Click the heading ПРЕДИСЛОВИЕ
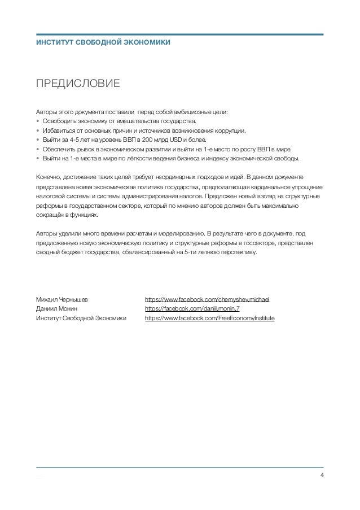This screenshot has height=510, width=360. click(x=77, y=85)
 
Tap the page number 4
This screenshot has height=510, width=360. click(x=322, y=473)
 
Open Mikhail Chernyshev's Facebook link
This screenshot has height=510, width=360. click(x=207, y=299)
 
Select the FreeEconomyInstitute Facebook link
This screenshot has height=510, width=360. click(x=209, y=319)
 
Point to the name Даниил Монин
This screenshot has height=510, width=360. click(x=56, y=309)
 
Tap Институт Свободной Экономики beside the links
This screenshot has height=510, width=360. click(x=81, y=319)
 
